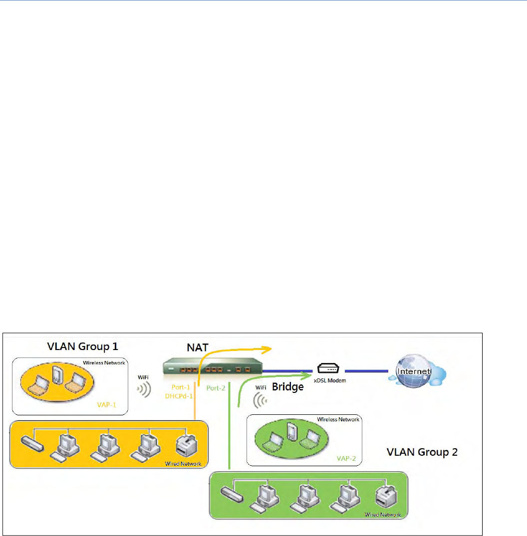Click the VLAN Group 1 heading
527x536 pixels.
click(x=82, y=346)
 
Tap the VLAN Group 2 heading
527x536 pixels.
click(x=422, y=452)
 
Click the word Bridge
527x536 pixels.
click(x=287, y=386)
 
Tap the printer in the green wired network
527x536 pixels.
click(x=386, y=496)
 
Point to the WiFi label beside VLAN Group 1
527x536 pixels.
click(x=143, y=377)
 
